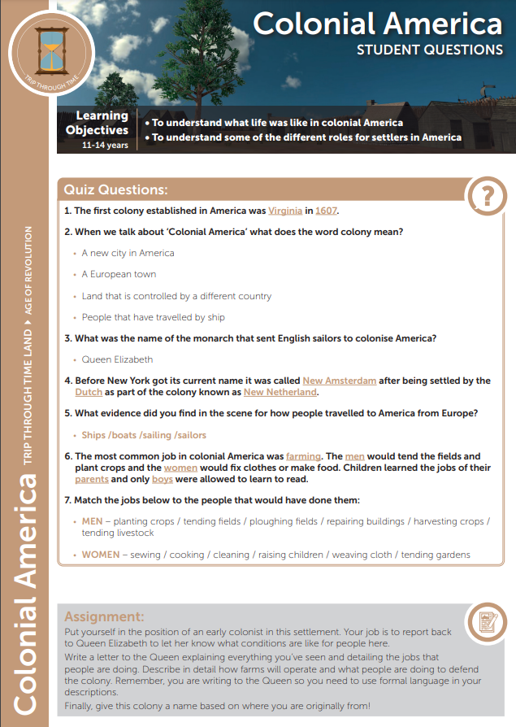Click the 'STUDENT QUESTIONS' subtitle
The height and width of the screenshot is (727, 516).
coord(429,50)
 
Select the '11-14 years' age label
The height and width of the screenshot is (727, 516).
coord(105,146)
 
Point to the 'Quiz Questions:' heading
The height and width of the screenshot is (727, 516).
coord(116,190)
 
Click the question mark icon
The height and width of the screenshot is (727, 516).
coord(487,196)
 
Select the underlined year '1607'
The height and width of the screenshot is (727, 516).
coord(326,211)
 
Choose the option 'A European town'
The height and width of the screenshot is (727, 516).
coord(119,275)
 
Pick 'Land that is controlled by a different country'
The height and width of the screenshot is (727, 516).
coord(176,296)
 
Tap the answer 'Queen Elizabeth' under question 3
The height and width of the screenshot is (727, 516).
coord(117,359)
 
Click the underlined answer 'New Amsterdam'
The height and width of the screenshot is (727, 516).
coord(339,381)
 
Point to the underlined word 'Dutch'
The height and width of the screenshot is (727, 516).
coord(88,392)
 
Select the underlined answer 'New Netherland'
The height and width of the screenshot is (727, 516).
coord(280,392)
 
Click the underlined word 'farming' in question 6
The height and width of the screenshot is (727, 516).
coord(303,457)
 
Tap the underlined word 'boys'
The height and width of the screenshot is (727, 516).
coord(163,480)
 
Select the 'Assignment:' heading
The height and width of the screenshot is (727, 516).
coord(104,616)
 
